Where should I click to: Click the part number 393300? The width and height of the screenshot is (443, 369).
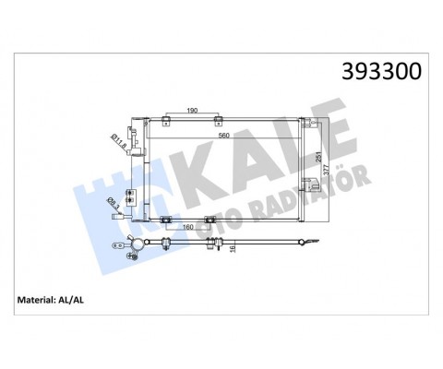(377, 72)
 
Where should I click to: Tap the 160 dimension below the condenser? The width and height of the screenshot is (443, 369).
(186, 226)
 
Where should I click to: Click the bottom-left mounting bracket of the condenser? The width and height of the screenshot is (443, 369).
(162, 219)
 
